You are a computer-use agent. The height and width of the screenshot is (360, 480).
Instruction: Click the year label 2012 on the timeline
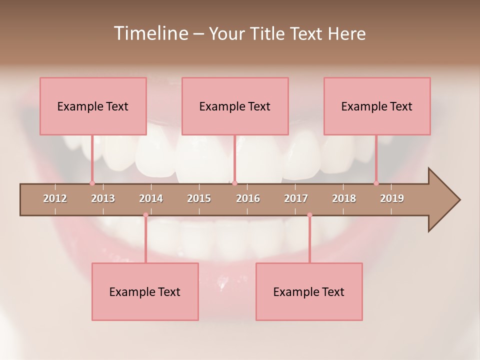tap(55, 198)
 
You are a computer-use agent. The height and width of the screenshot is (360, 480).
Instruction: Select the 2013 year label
tap(103, 198)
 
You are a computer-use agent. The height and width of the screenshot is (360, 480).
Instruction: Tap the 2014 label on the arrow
tap(151, 198)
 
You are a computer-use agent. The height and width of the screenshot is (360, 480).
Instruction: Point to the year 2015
tap(199, 198)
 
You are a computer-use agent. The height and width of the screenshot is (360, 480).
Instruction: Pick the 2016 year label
tap(248, 198)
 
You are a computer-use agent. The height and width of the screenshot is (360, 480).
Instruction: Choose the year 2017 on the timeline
tap(296, 198)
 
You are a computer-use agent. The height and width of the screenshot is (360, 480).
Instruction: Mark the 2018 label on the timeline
tap(344, 198)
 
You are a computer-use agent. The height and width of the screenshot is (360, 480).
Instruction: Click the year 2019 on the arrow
tap(392, 198)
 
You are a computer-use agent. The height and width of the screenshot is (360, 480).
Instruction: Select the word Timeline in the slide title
tap(149, 33)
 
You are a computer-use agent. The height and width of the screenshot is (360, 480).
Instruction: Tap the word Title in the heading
tap(268, 33)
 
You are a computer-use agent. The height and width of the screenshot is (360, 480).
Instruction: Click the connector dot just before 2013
tap(92, 183)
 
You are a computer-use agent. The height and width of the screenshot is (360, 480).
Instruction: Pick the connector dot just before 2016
tap(234, 183)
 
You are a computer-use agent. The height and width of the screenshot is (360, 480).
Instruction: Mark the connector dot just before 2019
tap(376, 183)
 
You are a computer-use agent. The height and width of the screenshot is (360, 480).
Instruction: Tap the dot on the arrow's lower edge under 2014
tap(145, 215)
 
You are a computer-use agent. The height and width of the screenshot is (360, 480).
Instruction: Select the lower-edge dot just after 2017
tap(309, 215)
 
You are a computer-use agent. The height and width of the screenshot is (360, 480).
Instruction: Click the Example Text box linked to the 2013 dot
tap(93, 106)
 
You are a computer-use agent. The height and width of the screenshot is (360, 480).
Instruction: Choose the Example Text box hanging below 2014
tap(145, 291)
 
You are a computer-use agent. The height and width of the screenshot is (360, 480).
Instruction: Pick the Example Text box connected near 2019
tap(377, 106)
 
